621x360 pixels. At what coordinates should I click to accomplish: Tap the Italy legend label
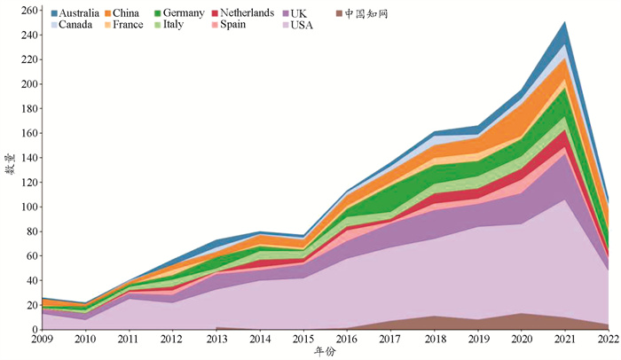(206, 25)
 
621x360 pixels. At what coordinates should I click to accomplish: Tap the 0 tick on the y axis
(34, 330)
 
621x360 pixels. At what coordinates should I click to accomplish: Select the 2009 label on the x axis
(42, 339)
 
